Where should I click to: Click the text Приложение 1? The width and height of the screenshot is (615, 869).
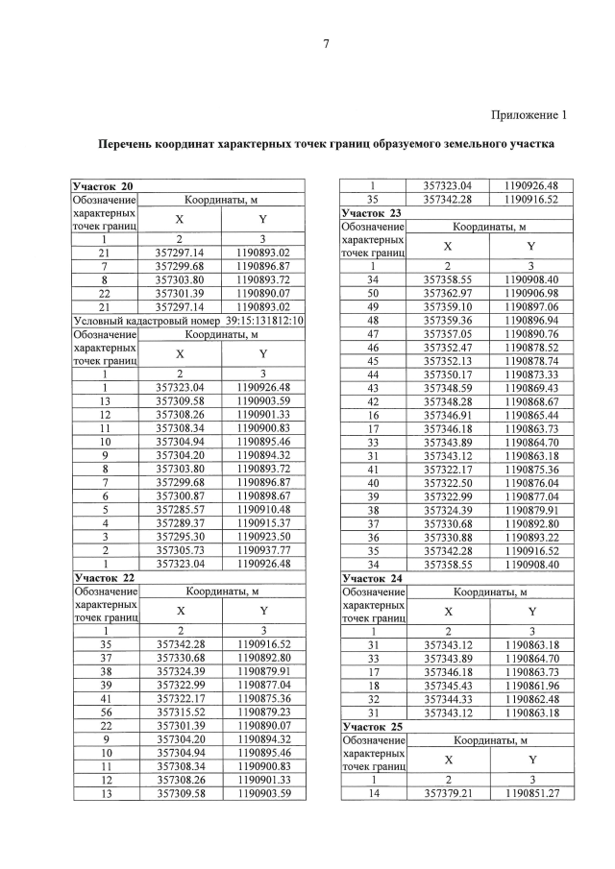529,115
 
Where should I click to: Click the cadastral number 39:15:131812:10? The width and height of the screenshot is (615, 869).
265,319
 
